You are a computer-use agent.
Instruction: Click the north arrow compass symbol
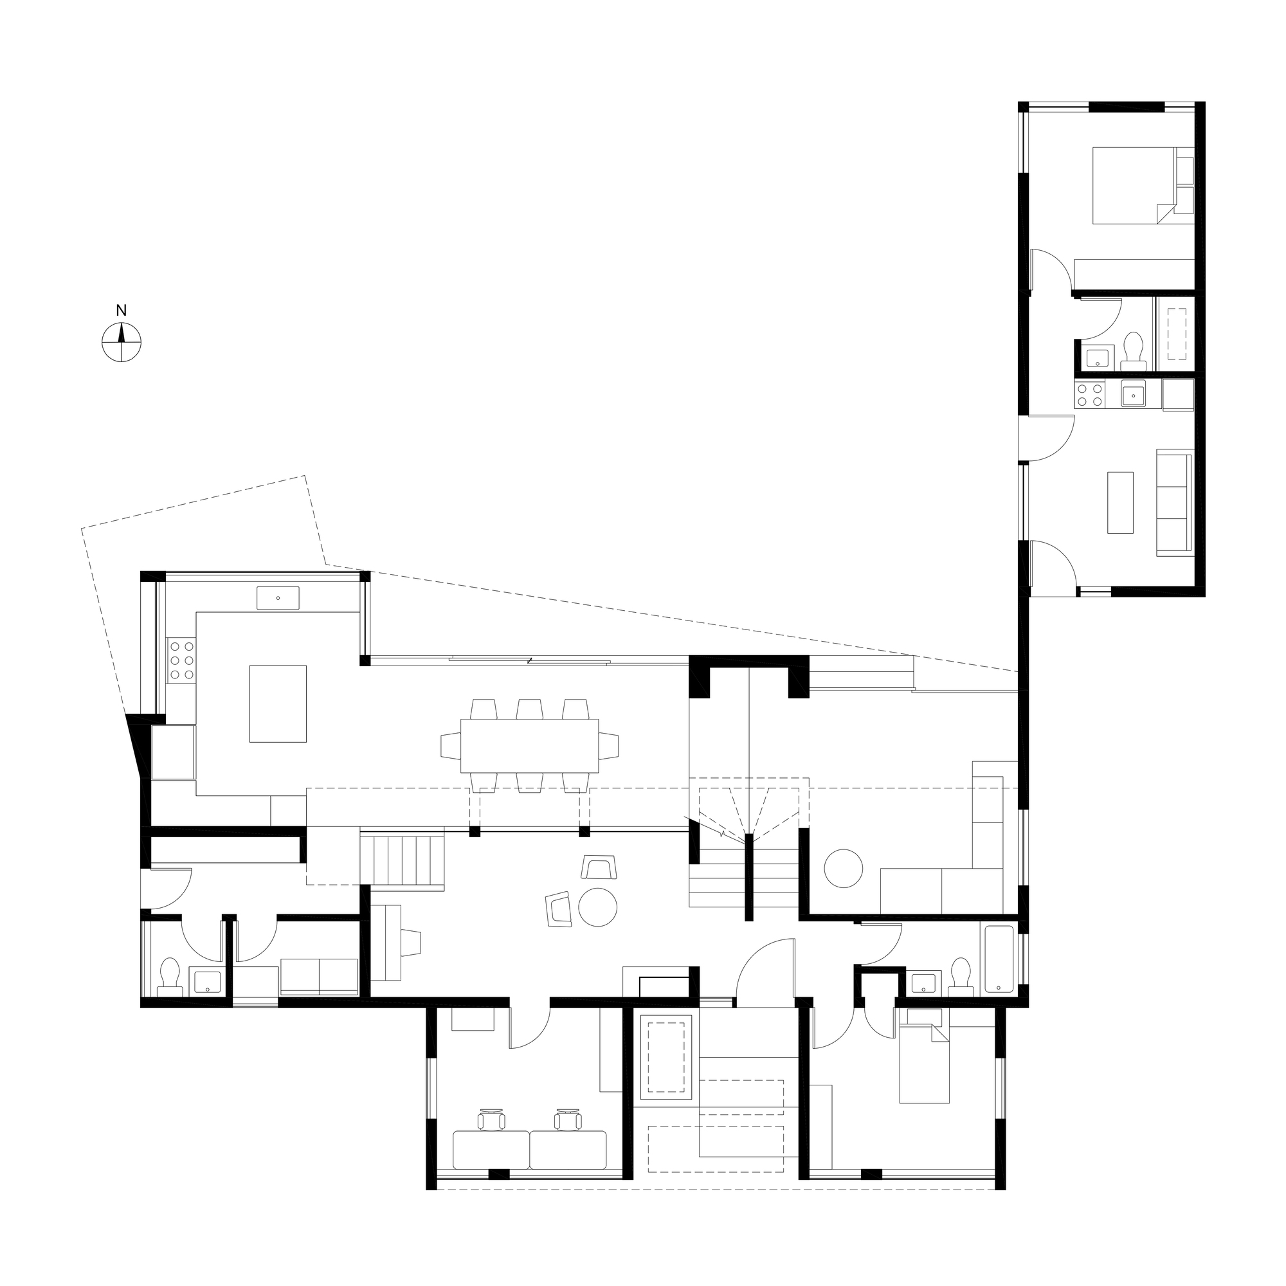pyautogui.click(x=121, y=342)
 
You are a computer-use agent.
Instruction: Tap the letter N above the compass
pyautogui.click(x=121, y=311)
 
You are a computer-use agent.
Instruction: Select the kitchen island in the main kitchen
pyautogui.click(x=278, y=703)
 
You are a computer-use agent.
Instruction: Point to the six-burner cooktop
pyautogui.click(x=181, y=660)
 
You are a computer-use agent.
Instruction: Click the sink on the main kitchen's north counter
pyautogui.click(x=278, y=598)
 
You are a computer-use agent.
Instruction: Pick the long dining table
pyautogui.click(x=529, y=745)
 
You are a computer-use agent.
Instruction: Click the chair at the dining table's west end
pyautogui.click(x=451, y=745)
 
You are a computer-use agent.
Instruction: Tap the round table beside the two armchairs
pyautogui.click(x=598, y=907)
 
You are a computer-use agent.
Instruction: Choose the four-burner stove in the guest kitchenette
pyautogui.click(x=1091, y=395)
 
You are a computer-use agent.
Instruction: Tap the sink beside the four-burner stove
pyautogui.click(x=1133, y=395)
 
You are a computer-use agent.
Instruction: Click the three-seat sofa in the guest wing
pyautogui.click(x=1174, y=502)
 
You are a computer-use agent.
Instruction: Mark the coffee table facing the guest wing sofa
pyautogui.click(x=1120, y=503)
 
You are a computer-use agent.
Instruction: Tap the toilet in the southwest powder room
pyautogui.click(x=170, y=977)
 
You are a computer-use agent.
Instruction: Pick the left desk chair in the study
pyautogui.click(x=491, y=1120)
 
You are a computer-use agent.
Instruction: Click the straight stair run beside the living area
pyautogui.click(x=402, y=859)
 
